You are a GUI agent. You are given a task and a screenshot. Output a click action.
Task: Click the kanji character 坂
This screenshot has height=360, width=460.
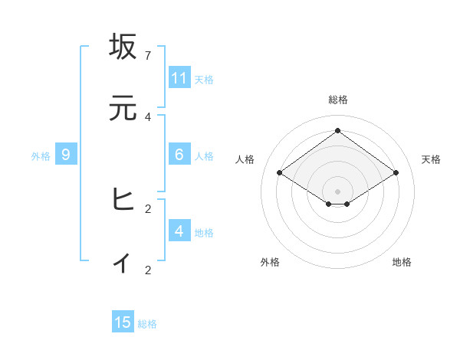[x=123, y=47]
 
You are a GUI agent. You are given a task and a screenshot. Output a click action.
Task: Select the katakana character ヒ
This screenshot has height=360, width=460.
[x=123, y=201]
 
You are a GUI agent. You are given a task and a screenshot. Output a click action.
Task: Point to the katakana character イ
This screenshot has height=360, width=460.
[x=123, y=262]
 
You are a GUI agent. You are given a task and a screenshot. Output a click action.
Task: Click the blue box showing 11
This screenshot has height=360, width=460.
[x=179, y=78]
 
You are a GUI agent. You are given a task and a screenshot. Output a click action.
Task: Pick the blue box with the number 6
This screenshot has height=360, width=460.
[x=179, y=155]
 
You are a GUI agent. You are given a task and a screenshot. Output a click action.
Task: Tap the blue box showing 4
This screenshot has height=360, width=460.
[x=179, y=231]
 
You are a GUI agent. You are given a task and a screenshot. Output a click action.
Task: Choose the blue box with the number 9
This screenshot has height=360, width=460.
[x=66, y=155]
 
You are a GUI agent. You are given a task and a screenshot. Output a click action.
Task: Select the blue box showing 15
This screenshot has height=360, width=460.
[x=123, y=322]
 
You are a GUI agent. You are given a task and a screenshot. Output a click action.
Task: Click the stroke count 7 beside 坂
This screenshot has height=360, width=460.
[x=148, y=56]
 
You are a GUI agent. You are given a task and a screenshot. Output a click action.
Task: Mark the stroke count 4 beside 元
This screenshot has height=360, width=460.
[x=148, y=117]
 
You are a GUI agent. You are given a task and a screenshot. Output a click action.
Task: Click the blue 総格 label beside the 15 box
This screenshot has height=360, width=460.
[x=147, y=324]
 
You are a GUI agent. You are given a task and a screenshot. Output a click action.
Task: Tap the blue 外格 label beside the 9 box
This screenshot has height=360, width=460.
[x=41, y=156]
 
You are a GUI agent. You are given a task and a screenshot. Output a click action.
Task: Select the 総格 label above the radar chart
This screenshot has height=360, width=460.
[x=337, y=100]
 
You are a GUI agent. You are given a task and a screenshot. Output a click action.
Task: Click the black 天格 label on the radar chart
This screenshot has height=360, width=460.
[x=431, y=159]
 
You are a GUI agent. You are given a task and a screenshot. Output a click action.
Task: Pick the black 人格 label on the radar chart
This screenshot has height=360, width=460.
[x=245, y=159]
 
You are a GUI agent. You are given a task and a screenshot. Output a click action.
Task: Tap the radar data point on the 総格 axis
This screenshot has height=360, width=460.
[x=337, y=130]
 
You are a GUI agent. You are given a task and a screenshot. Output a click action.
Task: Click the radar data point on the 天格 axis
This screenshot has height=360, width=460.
[x=396, y=173]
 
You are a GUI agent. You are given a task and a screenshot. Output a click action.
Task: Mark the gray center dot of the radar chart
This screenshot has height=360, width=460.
[x=337, y=191]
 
